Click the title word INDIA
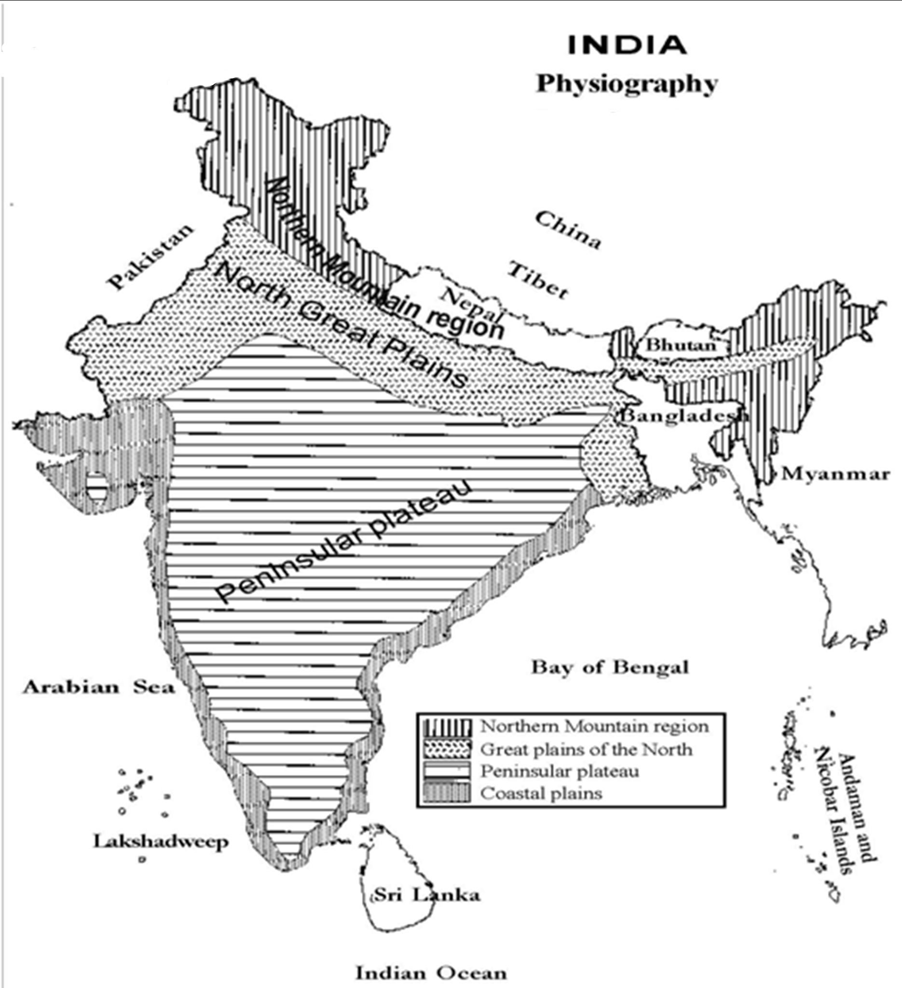[627, 45]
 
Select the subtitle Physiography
[627, 84]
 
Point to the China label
[568, 230]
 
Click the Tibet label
[538, 281]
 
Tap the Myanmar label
[835, 474]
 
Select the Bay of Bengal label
[611, 667]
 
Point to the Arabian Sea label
[98, 686]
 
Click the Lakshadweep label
[161, 841]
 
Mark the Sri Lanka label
[426, 895]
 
